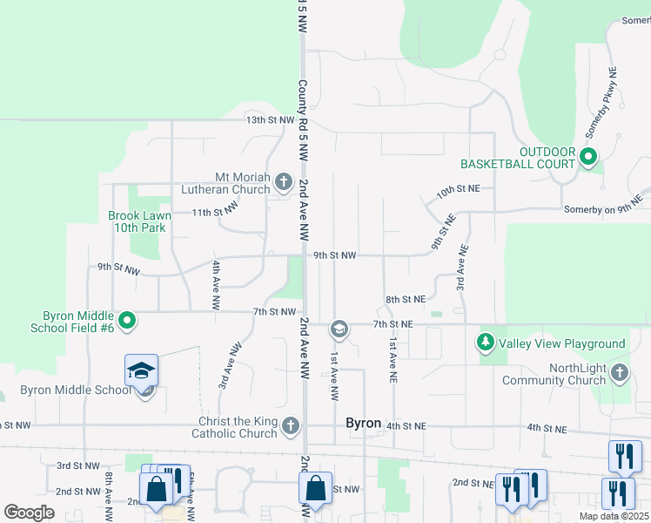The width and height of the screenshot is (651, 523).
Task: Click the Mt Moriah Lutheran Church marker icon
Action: pos(283,182)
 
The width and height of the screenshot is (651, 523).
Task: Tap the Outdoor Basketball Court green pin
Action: pos(588,158)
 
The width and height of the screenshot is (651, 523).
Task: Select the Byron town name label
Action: pos(363,423)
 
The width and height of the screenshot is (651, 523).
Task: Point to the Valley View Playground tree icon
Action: pos(485,343)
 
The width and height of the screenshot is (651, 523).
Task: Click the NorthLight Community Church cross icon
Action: pos(619,373)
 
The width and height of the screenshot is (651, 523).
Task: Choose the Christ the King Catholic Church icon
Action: pos(291,426)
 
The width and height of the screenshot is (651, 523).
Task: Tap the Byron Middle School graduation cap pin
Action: pos(141,372)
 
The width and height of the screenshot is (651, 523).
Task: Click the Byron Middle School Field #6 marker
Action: pos(127,321)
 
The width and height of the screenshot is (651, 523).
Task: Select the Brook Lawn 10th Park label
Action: pos(138,221)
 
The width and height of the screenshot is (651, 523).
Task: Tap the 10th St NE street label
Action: pos(459,188)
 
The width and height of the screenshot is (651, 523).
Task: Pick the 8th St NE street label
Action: pos(406,299)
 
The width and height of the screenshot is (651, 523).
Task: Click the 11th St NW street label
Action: pos(215,211)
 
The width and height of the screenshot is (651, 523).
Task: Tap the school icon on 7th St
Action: pos(339,329)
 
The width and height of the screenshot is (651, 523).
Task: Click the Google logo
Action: pos(29,513)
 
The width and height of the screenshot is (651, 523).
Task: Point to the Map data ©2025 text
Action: pos(613,516)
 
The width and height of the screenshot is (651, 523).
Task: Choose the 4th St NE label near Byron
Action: pos(406,426)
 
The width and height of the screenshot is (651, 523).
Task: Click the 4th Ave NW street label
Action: pos(215,285)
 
